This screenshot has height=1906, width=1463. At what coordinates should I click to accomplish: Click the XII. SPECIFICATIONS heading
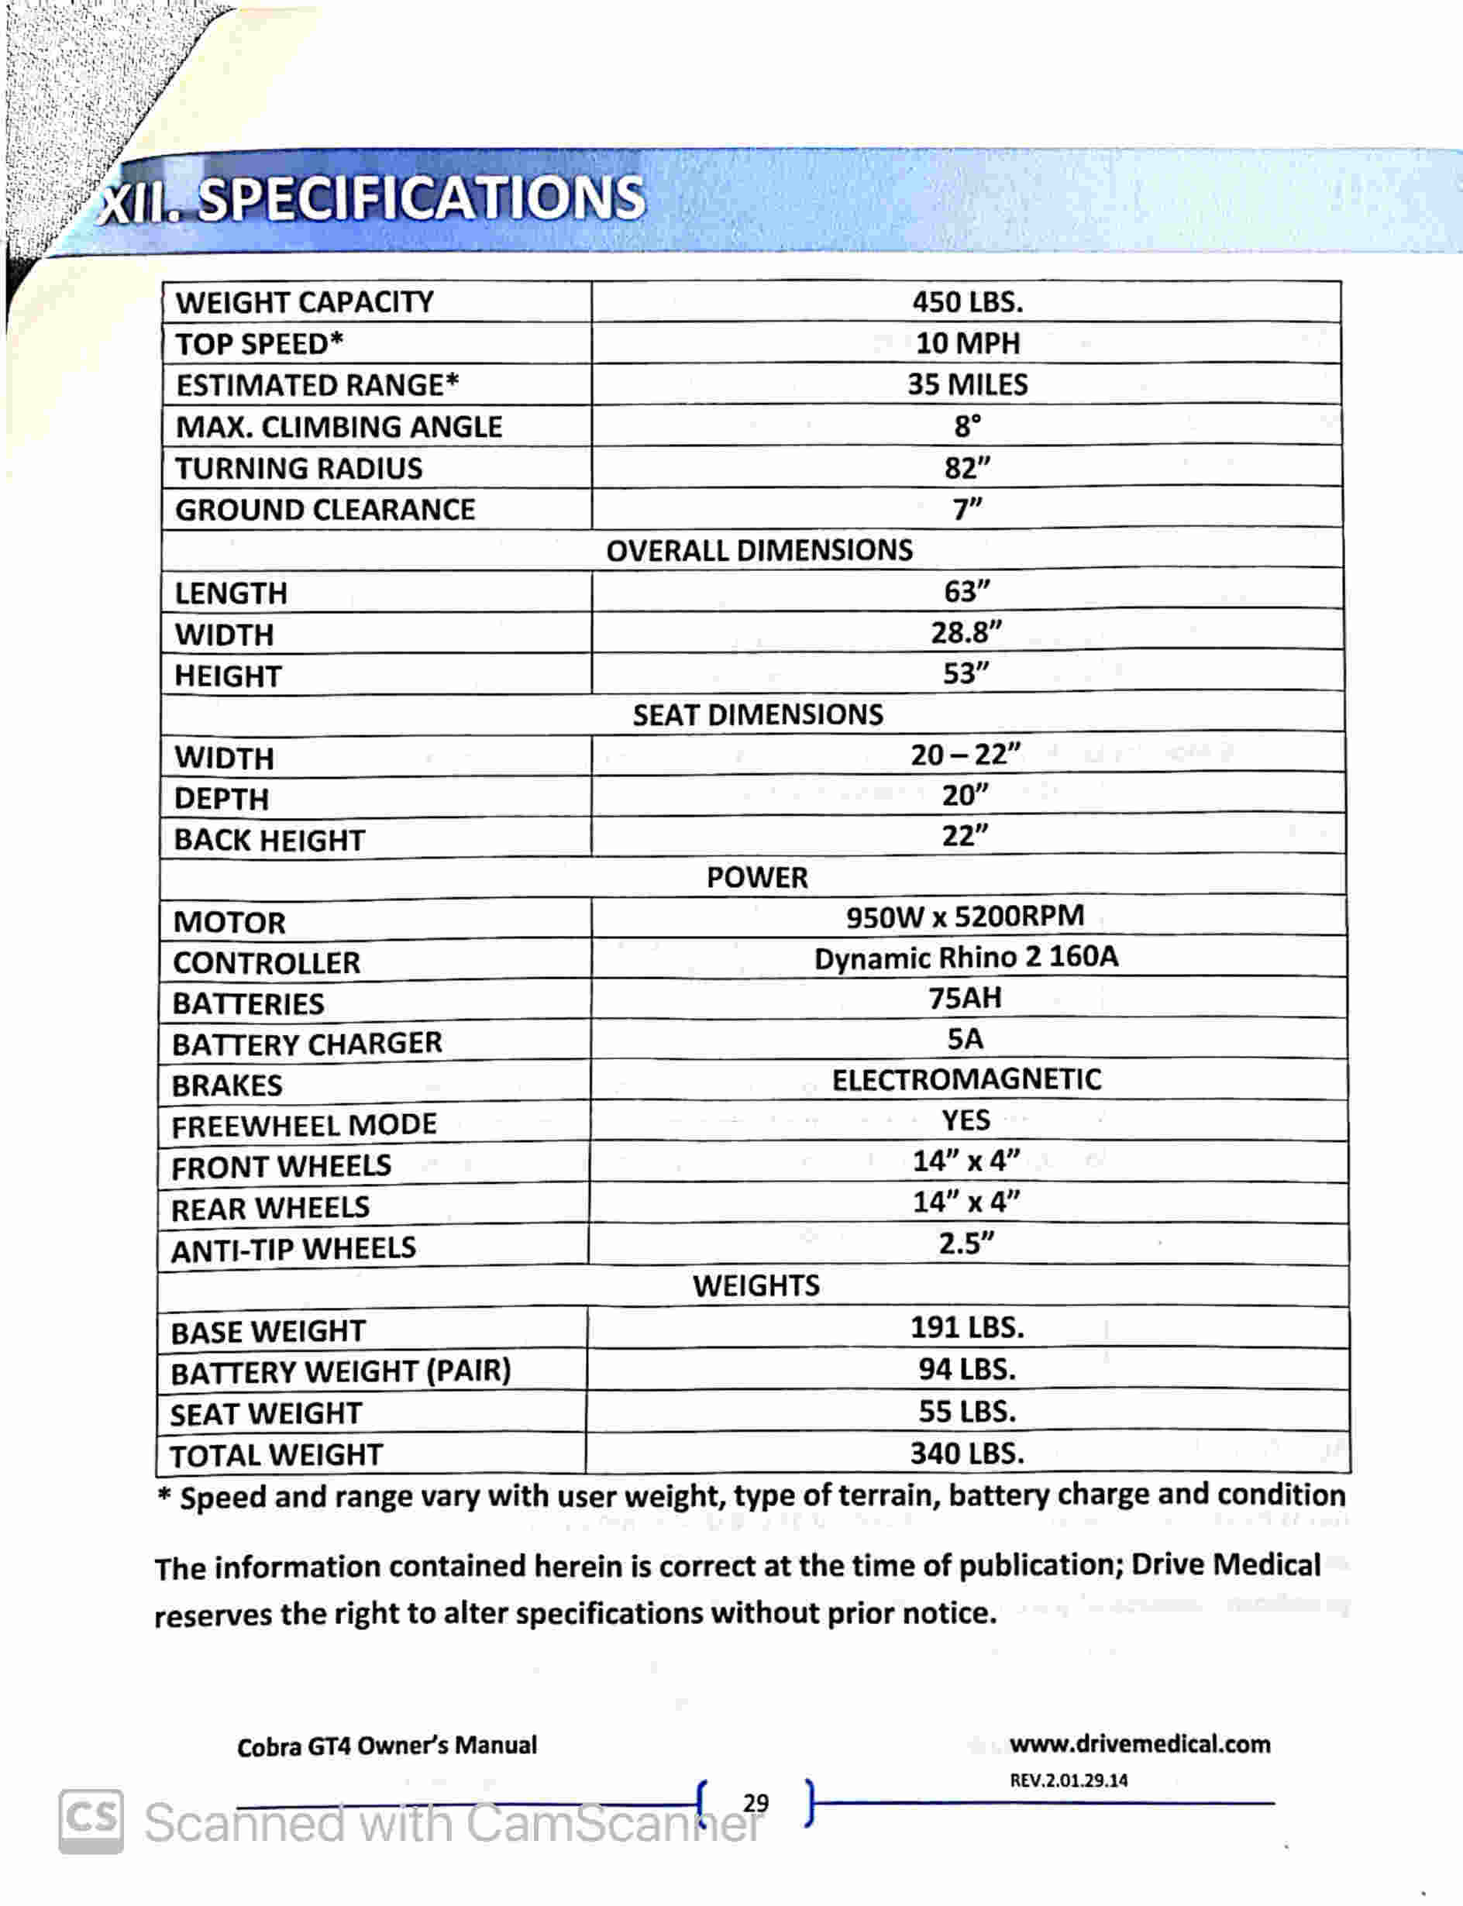[x=373, y=199]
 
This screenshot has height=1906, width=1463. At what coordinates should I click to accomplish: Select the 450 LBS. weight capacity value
[x=968, y=302]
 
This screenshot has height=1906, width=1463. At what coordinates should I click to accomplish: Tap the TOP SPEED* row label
[x=260, y=344]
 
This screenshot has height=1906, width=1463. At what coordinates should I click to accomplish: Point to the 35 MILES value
[x=968, y=385]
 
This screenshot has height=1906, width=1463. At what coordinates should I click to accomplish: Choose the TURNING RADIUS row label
[x=298, y=469]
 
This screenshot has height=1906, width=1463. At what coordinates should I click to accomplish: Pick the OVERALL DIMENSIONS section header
[x=759, y=550]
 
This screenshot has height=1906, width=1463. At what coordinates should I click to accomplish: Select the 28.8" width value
[x=966, y=632]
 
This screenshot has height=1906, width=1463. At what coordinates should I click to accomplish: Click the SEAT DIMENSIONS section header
[x=758, y=715]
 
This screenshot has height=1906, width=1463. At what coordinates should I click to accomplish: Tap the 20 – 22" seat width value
[x=966, y=754]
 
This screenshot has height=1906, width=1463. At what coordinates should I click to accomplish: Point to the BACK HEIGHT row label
[x=269, y=840]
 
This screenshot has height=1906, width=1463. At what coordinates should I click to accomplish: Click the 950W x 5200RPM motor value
[x=965, y=917]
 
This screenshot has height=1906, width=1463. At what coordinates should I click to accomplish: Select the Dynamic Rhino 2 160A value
[x=966, y=958]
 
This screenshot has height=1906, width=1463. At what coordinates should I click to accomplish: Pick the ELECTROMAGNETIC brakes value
[x=966, y=1081]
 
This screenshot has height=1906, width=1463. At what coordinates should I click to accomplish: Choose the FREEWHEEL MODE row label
[x=304, y=1126]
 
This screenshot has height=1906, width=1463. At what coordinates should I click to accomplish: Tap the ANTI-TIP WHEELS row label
[x=294, y=1251]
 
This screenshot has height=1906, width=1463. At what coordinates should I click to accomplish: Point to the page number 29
[x=756, y=1802]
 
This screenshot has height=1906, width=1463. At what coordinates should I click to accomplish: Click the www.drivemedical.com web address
[x=1140, y=1744]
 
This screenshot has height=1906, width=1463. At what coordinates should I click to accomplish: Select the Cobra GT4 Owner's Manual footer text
[x=387, y=1746]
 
